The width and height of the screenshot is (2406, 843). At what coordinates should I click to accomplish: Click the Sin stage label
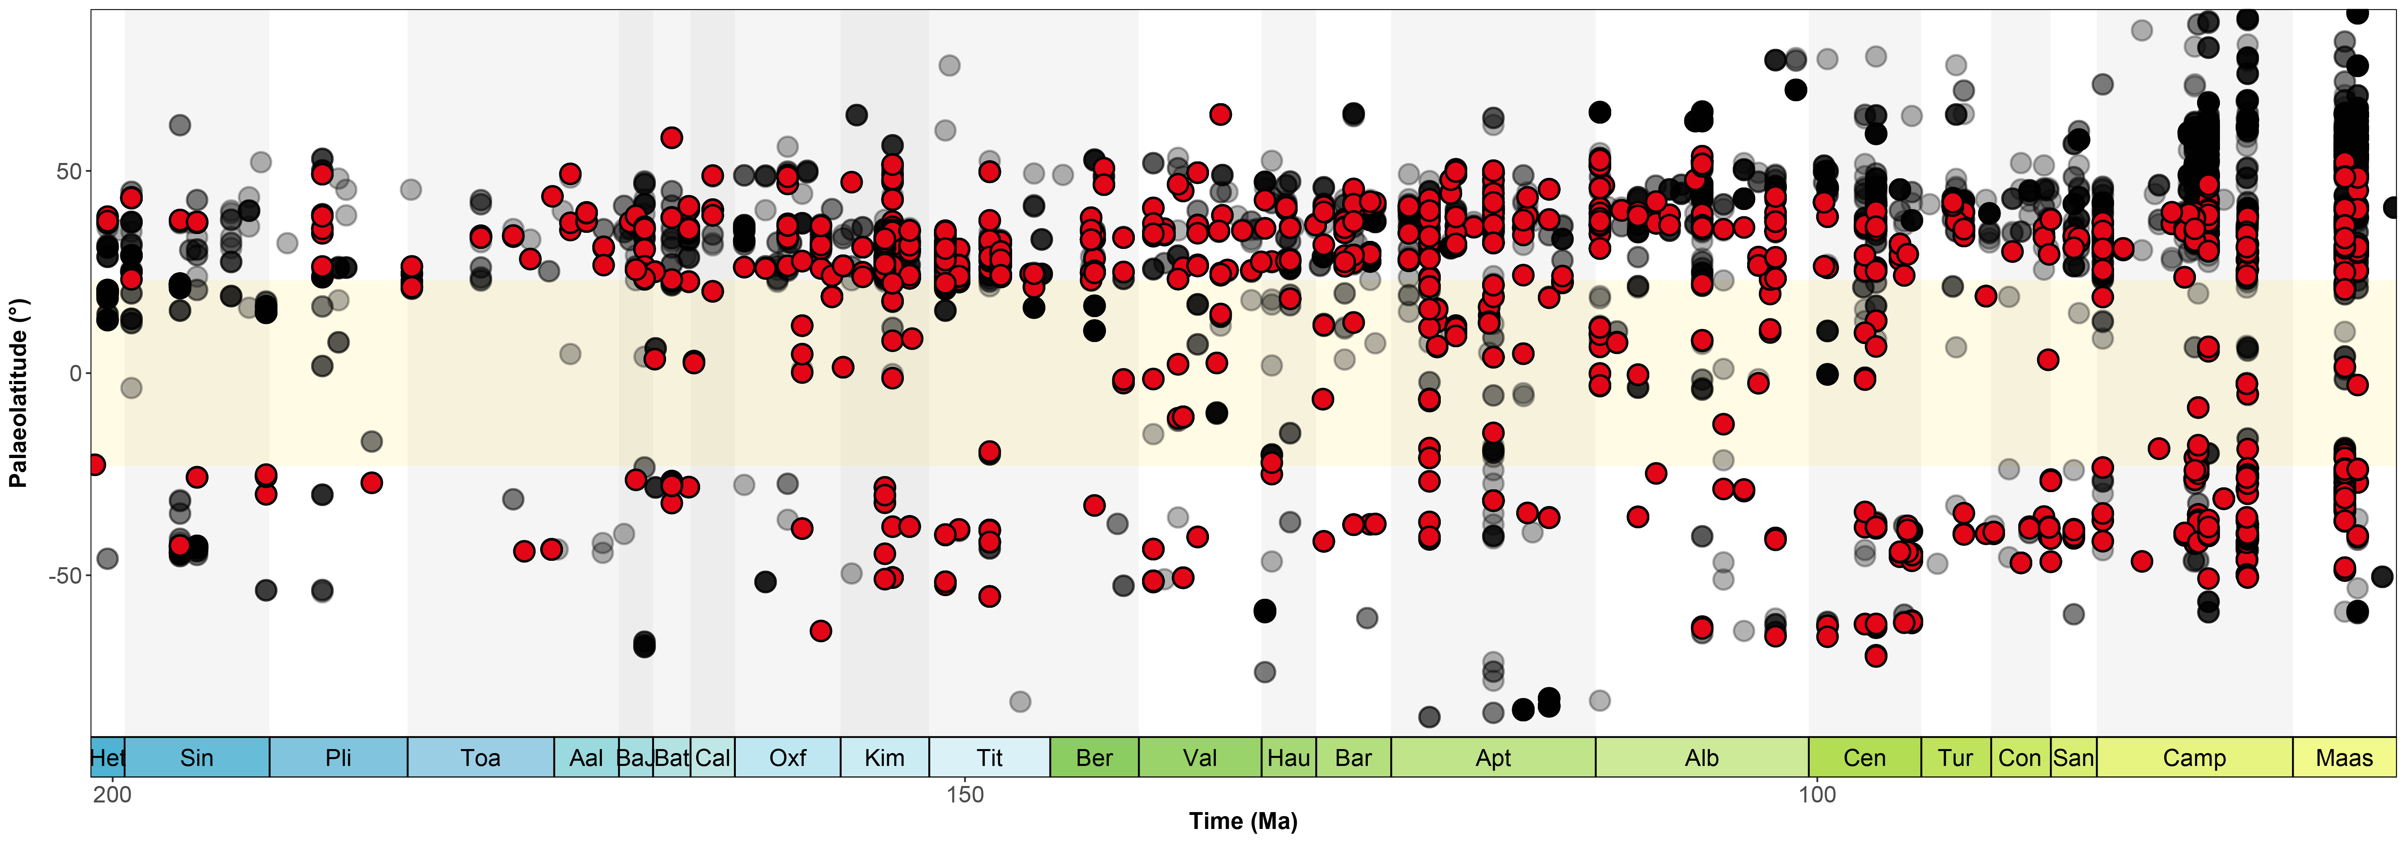coord(197,758)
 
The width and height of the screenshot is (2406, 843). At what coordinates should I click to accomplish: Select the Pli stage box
coord(338,758)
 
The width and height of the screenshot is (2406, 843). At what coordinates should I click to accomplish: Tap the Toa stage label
coord(480,758)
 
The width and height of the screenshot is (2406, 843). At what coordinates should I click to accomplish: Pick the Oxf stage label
coord(788,758)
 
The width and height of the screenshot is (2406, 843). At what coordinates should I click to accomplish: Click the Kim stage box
coord(885,758)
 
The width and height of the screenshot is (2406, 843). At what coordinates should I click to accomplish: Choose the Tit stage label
coord(989,758)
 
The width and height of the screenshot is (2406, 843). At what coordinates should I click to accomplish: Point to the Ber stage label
coord(1094,758)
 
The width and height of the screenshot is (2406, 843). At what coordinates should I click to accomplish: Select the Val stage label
coord(1199,758)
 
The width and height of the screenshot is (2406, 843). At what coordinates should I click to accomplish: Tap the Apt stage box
coord(1493,758)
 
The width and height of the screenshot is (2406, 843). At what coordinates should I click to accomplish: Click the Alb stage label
coord(1702,758)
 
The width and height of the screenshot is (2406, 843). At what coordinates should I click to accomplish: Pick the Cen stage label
coord(1864,758)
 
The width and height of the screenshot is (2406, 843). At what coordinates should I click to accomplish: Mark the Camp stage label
coord(2194,758)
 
